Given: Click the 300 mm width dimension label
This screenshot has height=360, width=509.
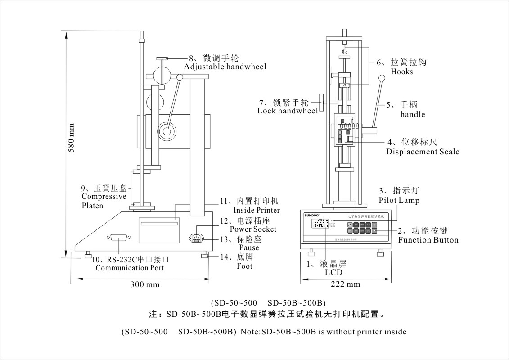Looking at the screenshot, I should (145, 284).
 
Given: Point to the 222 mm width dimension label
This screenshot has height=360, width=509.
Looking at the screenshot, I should (346, 284).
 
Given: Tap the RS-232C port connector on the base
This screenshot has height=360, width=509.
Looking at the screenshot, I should (118, 238).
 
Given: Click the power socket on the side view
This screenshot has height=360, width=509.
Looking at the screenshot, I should (196, 237).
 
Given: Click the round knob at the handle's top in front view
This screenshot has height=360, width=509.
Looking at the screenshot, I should (383, 78).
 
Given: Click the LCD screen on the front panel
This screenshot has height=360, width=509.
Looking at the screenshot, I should (320, 223).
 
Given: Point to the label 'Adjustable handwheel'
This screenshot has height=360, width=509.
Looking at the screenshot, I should (225, 67).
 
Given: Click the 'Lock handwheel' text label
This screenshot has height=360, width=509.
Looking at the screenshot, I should (287, 111).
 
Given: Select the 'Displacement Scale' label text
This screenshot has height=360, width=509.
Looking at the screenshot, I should (423, 152).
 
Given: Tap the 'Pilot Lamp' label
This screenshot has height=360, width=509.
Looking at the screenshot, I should (399, 200).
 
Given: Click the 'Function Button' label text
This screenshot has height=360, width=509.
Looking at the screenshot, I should (428, 240).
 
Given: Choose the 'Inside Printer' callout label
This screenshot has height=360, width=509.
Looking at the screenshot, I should (256, 210).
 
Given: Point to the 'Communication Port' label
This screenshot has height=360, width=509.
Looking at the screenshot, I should (130, 268).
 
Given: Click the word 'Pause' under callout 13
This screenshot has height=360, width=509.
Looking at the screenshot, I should (249, 247).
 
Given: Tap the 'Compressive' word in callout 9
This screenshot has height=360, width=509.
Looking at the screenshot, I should (104, 197).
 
